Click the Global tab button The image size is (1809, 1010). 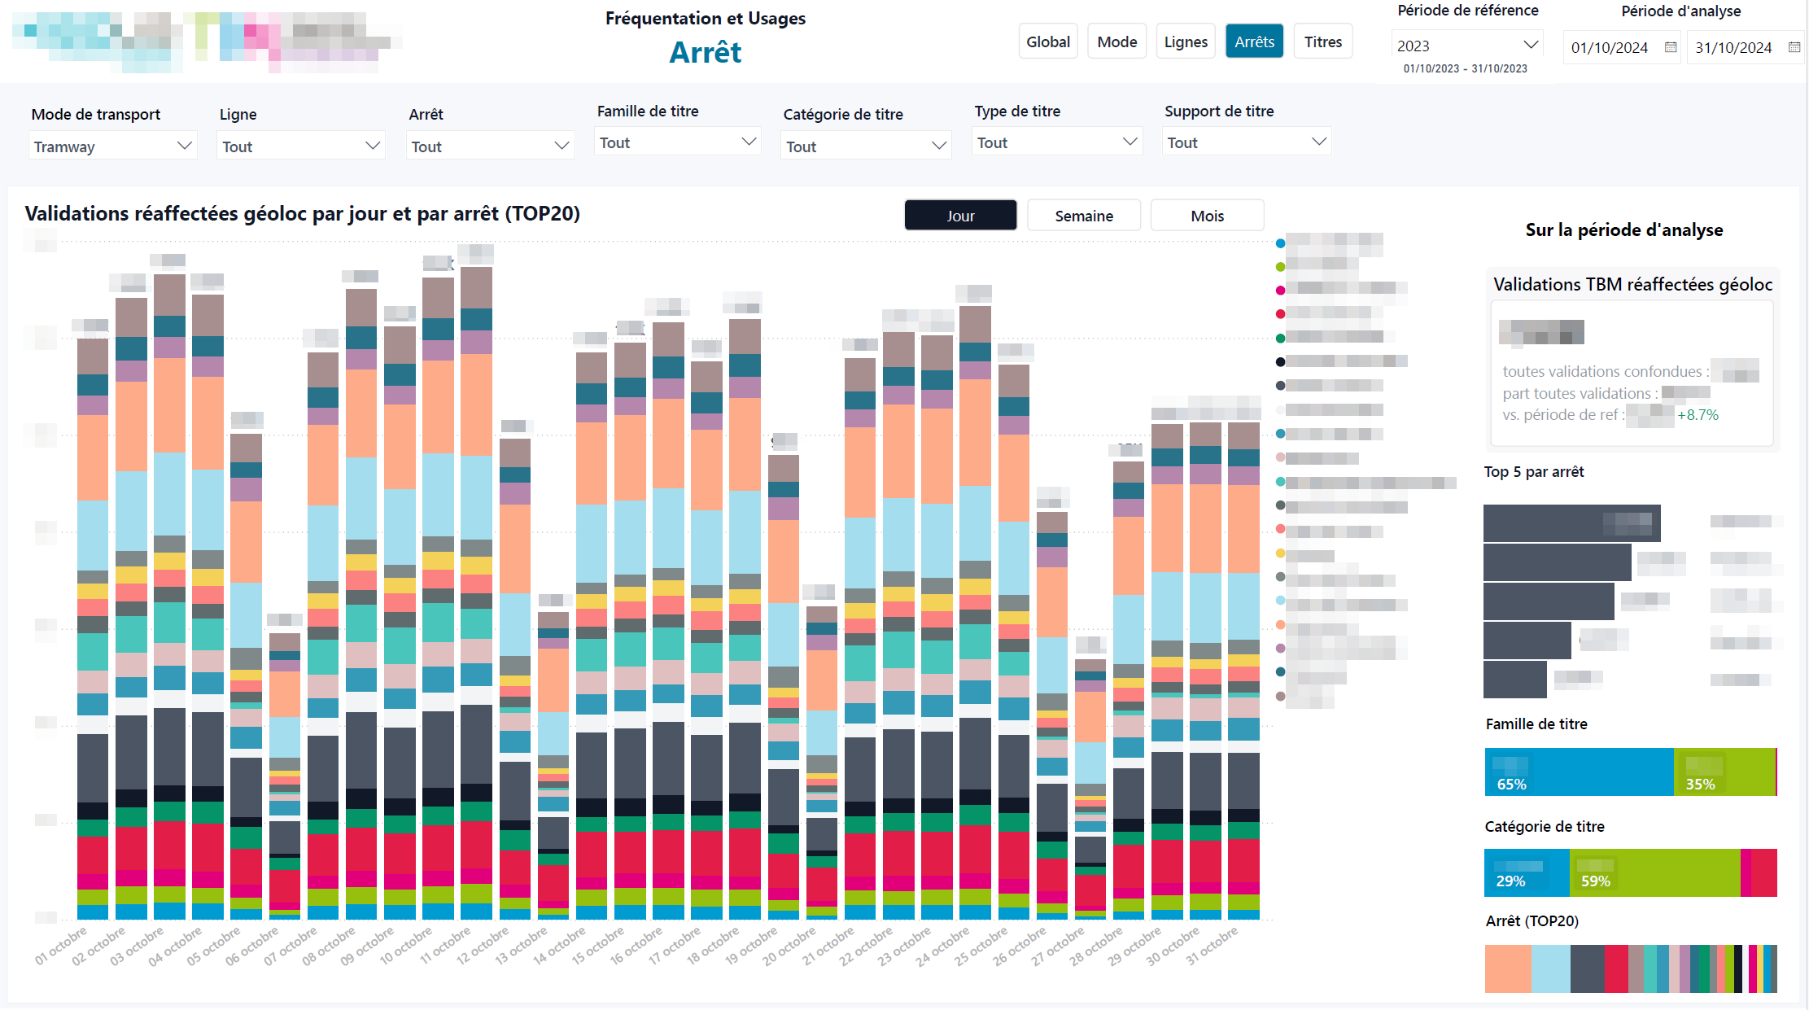point(1047,42)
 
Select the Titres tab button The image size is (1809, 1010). point(1322,42)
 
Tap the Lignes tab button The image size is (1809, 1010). point(1185,42)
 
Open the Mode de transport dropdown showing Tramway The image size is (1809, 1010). point(112,146)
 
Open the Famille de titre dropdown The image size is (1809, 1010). point(677,142)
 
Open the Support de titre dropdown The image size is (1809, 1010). point(1246,142)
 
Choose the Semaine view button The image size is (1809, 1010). point(1083,216)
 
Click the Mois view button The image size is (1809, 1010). point(1207,216)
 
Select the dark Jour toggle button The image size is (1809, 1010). point(960,216)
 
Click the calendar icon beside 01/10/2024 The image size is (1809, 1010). point(1671,47)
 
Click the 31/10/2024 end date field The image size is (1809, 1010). point(1733,47)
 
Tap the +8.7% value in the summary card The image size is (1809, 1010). point(1698,415)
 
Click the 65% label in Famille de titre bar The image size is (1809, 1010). point(1511,784)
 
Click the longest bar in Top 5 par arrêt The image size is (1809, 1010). point(1571,523)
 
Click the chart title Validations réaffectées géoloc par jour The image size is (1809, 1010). point(302,213)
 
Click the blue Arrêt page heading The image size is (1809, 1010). point(705,52)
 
